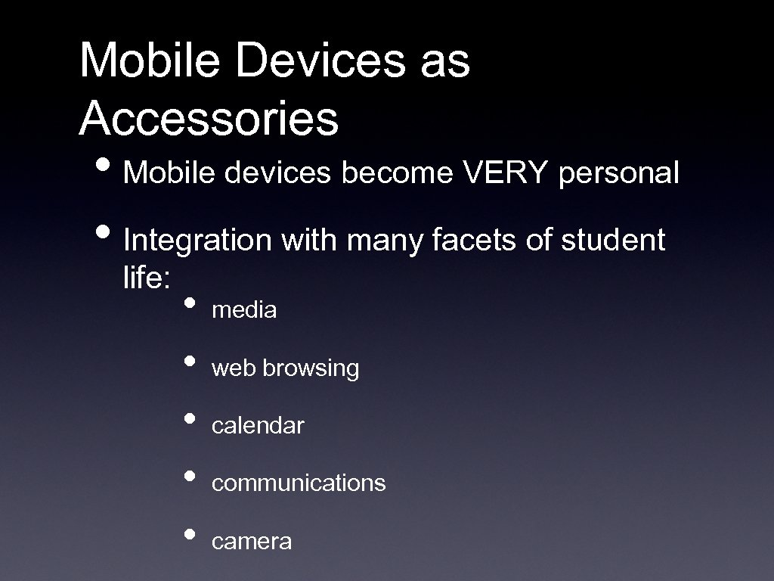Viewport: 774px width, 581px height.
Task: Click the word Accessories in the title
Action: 209,118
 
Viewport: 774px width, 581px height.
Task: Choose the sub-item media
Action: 244,310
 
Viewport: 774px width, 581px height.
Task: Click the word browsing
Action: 311,369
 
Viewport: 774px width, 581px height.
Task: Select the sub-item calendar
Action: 258,426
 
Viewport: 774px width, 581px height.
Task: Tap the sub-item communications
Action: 299,483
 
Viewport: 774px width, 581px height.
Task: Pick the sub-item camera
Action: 252,542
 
